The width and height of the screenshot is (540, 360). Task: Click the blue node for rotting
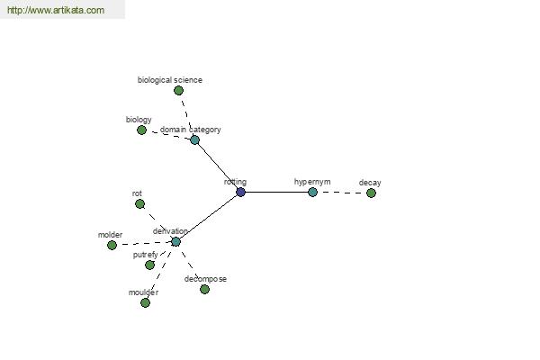click(240, 192)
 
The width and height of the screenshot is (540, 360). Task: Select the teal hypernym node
click(312, 192)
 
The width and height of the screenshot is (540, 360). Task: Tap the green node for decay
click(371, 193)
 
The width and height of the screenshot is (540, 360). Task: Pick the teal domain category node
click(194, 139)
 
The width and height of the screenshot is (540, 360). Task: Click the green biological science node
click(178, 91)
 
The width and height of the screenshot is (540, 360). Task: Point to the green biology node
click(141, 130)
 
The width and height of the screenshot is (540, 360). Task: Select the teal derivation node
click(175, 241)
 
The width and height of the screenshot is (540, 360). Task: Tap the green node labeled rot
click(139, 204)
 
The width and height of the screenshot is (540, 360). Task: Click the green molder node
click(112, 245)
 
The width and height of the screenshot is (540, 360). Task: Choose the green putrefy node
click(149, 265)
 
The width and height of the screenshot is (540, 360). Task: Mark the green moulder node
click(145, 302)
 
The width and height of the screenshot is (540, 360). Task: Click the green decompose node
click(204, 289)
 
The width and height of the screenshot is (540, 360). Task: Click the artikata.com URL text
click(56, 10)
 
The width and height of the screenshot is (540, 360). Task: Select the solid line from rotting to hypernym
click(276, 192)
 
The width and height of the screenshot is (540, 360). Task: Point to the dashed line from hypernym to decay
click(342, 193)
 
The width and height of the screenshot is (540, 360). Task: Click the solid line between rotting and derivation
click(208, 217)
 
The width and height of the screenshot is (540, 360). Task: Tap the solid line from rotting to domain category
click(218, 166)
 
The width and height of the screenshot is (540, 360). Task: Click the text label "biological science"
click(170, 80)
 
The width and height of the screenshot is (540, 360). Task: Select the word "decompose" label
click(205, 279)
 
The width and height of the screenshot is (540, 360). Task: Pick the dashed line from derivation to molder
click(144, 243)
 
